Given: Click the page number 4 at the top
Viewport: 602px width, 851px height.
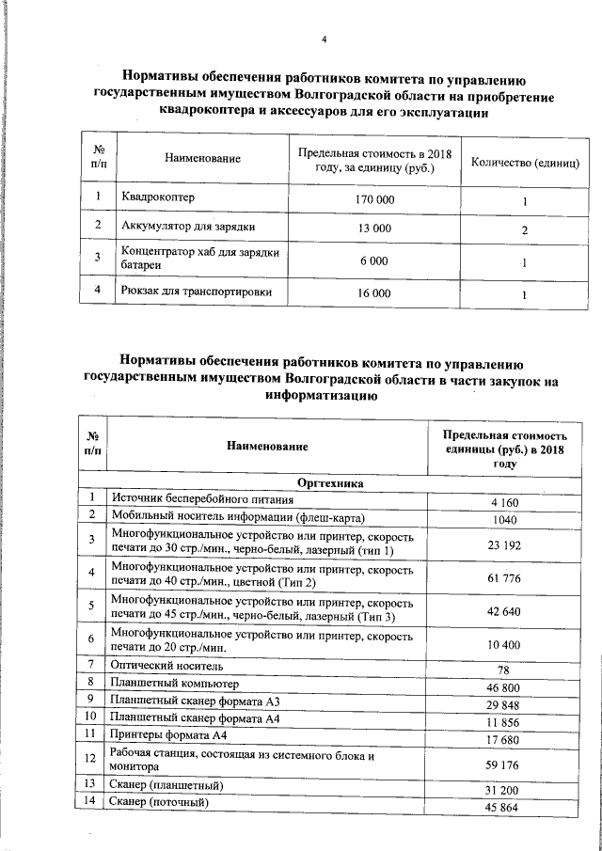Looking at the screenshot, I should coord(323,39).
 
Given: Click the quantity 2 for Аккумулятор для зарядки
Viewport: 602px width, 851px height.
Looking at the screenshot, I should coord(524,230).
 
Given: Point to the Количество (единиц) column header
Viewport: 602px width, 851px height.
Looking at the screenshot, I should coord(524,162).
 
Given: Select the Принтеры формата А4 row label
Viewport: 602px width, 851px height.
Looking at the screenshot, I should coord(168,733).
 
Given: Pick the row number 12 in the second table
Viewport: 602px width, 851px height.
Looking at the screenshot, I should coord(91,759).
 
